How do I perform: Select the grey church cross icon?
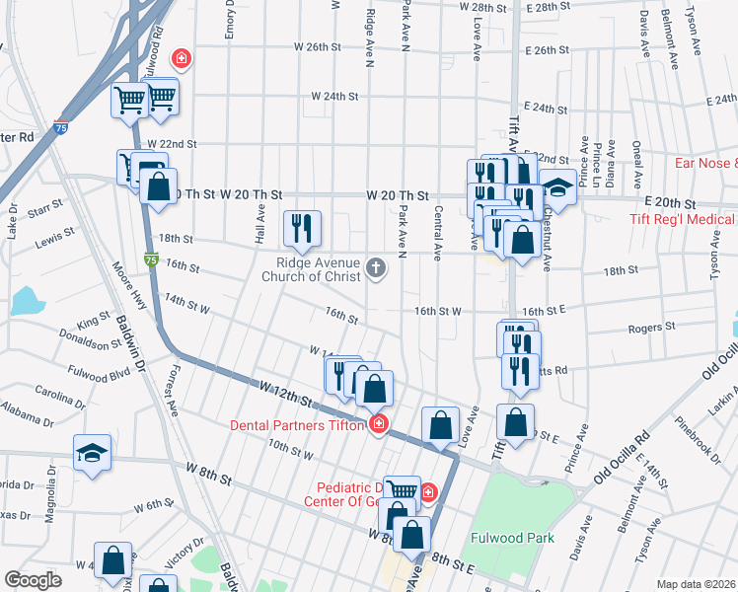click(x=375, y=267)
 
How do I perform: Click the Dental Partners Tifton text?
click(x=298, y=425)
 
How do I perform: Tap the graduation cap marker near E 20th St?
click(x=556, y=186)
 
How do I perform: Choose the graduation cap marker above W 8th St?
click(x=93, y=452)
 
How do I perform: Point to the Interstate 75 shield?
click(x=60, y=128)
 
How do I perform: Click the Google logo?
click(x=33, y=580)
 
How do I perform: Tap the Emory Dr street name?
click(x=229, y=20)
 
